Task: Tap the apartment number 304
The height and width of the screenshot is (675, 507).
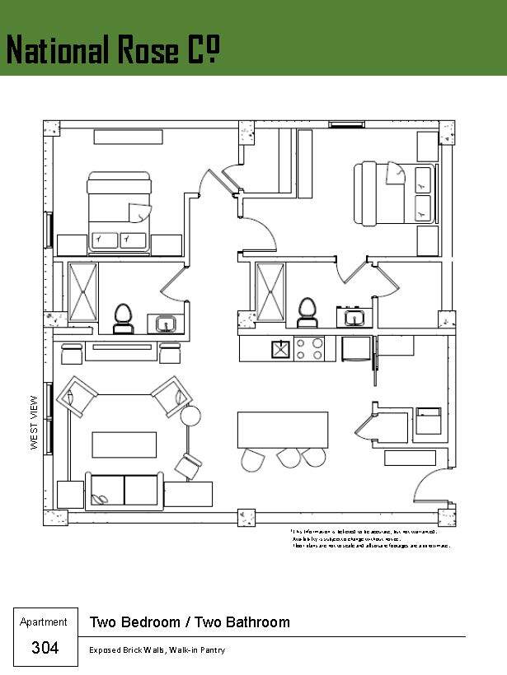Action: tap(45, 648)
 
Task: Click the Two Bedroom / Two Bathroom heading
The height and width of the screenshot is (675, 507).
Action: tap(190, 622)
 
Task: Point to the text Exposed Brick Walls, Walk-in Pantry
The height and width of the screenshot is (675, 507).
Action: tap(157, 650)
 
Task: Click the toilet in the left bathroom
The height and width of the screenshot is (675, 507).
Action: tap(123, 318)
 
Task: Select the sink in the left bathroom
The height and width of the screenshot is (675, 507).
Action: tap(166, 324)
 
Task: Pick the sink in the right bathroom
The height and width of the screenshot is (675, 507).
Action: tap(354, 317)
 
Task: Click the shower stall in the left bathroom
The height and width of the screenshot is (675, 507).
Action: tap(82, 291)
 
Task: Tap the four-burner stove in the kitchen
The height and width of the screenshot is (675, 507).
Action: tap(309, 349)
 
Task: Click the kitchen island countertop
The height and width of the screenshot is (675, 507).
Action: tap(282, 429)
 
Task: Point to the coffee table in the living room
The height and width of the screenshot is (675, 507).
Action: tap(124, 445)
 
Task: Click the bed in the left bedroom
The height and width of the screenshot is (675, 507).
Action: tap(120, 212)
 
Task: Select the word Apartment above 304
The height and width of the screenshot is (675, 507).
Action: tap(44, 622)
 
